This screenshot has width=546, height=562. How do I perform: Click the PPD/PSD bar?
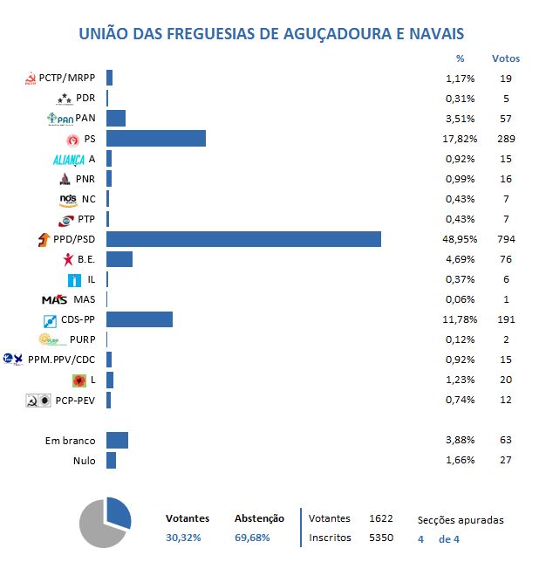coord(243,239)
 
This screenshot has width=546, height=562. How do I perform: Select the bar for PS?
coord(155,139)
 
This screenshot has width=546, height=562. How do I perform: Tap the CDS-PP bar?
coord(139,319)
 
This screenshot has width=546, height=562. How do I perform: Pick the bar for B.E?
coord(119,259)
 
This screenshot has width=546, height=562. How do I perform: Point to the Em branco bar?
coord(117,441)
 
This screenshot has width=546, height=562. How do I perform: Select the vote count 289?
coord(506,139)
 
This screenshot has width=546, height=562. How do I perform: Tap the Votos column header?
coord(506,58)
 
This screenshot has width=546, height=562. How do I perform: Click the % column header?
coord(461,58)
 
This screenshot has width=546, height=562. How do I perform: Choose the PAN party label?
coord(85,119)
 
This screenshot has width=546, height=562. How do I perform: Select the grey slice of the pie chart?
coord(98,529)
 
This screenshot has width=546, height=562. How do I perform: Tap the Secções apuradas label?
coord(461,520)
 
